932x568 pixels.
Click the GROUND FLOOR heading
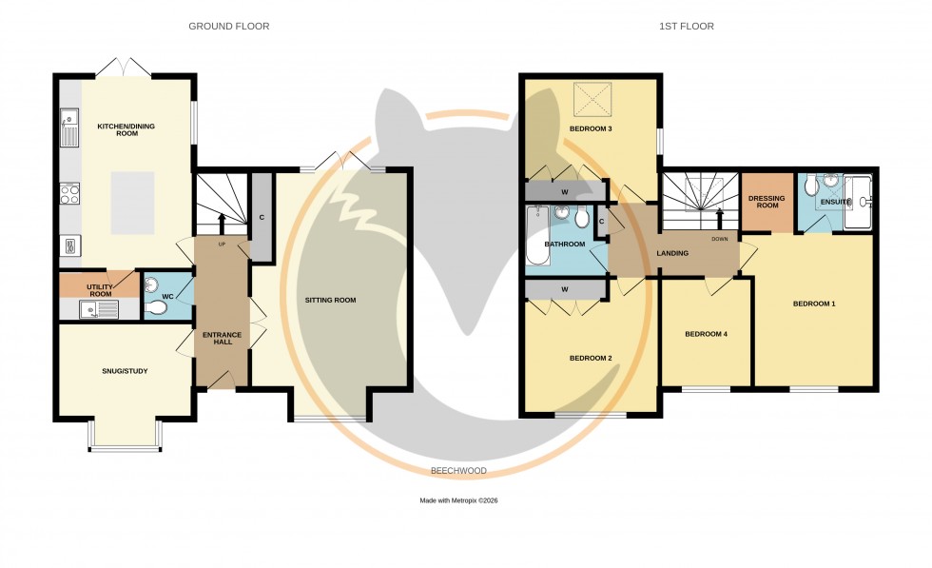click(x=228, y=27)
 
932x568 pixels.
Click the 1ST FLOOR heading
click(x=686, y=27)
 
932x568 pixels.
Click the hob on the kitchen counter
click(x=69, y=194)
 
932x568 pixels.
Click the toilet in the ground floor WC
click(x=157, y=307)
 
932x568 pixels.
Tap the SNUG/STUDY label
click(x=125, y=371)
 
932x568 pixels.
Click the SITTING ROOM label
click(x=330, y=301)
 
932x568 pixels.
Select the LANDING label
click(x=672, y=253)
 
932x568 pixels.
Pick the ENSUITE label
click(x=835, y=202)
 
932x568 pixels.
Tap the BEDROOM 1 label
click(x=814, y=304)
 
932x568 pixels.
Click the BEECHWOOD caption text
click(x=458, y=471)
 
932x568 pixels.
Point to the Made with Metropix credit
click(x=458, y=500)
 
